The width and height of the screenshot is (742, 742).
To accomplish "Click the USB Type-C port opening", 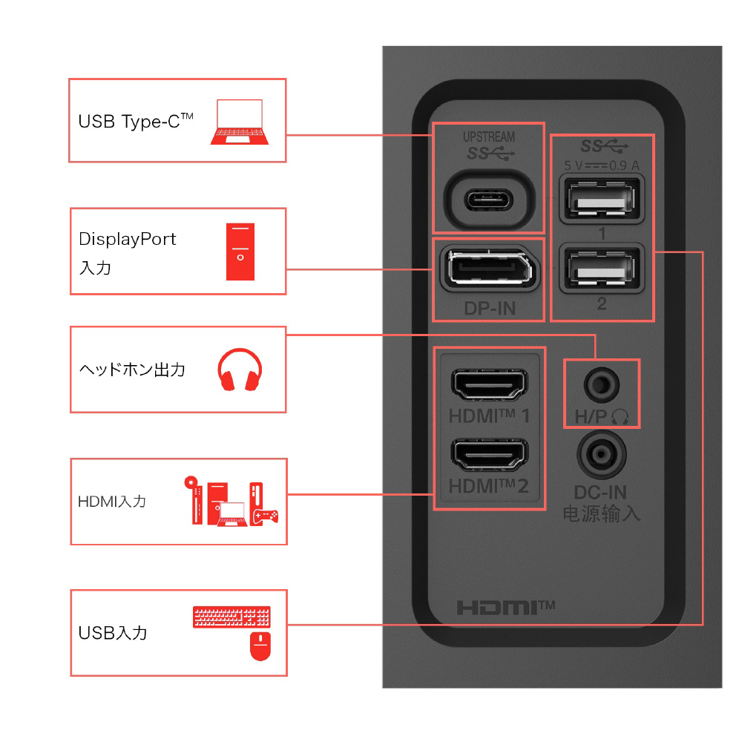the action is point(489,200).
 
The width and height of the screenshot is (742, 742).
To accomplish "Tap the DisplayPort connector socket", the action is point(490,269).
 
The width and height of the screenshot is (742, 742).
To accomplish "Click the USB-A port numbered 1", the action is point(602,199).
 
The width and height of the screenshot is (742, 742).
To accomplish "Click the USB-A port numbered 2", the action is point(602,269).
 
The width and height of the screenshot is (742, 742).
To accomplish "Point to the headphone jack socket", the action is point(602,384).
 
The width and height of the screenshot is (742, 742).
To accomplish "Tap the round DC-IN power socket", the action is point(602,455).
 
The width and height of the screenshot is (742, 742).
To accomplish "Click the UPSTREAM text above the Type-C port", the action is point(489,137).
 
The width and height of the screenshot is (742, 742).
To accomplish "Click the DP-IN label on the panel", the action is point(490,309).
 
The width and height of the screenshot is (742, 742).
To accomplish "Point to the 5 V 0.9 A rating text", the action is point(602,165).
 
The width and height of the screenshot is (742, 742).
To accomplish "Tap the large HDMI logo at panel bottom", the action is point(505,608).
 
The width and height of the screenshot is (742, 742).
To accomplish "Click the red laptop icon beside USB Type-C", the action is point(240,122).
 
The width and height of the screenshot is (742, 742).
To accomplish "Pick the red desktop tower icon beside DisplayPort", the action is point(240,252).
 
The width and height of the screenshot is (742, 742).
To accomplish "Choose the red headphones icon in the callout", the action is point(240,370).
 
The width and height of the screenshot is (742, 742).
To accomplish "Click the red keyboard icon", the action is point(232,617).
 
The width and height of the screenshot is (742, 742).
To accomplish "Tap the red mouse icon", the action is point(260,646).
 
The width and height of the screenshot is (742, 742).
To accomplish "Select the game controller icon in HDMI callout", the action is point(266,516).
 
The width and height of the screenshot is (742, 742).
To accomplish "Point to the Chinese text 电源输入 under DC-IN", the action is point(602,513).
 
